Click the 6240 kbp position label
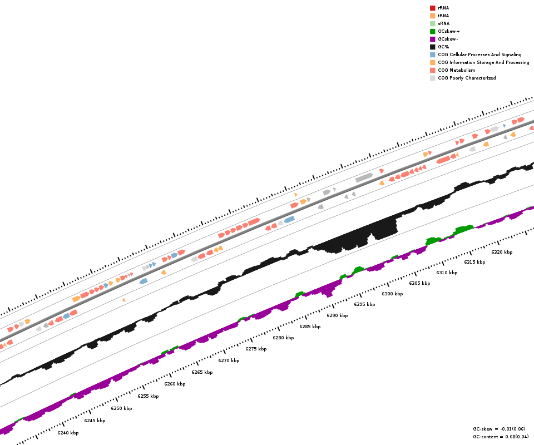pos(68,433)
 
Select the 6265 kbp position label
pos(202,372)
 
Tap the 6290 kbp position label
pos(337,315)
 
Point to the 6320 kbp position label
pos(502,252)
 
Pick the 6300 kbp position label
pos(392,294)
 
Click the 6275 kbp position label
pos(256,349)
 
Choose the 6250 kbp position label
pos(121,408)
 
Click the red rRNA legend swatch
pos(432,8)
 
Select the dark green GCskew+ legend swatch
pos(432,31)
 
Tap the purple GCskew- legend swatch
pos(432,39)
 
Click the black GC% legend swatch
pos(432,47)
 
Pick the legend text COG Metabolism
pos(456,70)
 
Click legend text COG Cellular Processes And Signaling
pos(479,55)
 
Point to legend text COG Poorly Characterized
pos(467,78)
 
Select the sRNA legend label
pos(443,23)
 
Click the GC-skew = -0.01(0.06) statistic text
pos(499,429)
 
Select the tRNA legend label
pos(443,16)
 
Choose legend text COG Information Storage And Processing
pos(483,62)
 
